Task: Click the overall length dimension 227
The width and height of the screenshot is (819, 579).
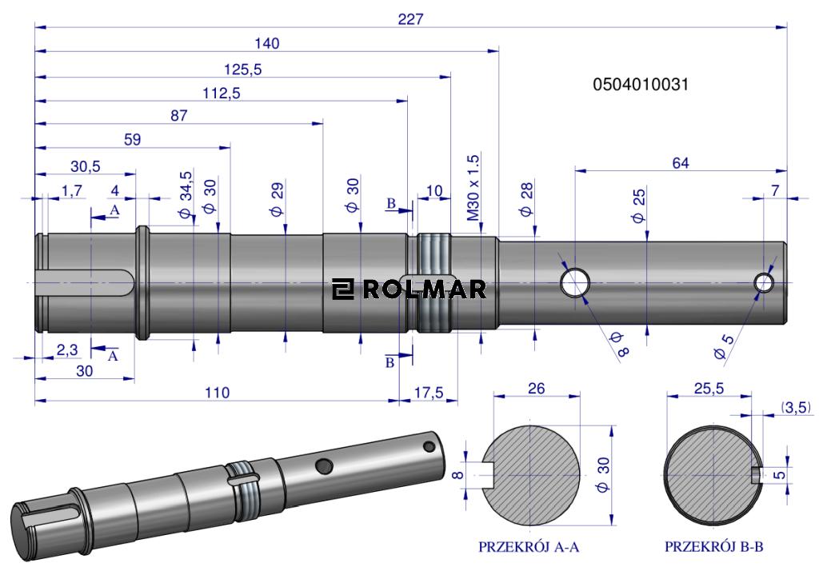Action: tap(410, 19)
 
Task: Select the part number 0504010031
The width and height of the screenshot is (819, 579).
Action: tap(641, 84)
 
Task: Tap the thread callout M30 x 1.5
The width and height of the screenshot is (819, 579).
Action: tap(473, 187)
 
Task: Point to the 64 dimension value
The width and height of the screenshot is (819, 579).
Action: tap(680, 163)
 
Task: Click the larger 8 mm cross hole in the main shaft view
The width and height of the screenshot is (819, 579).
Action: tap(575, 282)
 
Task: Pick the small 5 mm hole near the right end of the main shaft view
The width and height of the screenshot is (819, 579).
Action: tap(764, 282)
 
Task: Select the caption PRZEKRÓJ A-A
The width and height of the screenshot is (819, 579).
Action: tap(528, 547)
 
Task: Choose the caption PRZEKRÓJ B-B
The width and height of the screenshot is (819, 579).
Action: tap(713, 547)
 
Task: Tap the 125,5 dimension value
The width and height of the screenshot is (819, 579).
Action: tap(242, 70)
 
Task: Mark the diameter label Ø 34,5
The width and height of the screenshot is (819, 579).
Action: tap(186, 194)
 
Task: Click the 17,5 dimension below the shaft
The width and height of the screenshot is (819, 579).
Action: tap(429, 393)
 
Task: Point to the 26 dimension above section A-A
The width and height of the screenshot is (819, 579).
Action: tap(536, 389)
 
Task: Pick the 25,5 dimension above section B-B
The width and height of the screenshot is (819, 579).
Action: tap(709, 389)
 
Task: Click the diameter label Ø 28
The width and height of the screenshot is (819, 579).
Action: tap(525, 199)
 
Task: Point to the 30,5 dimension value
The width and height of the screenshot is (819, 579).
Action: tap(85, 166)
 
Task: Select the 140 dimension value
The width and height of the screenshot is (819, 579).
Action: tap(266, 43)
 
